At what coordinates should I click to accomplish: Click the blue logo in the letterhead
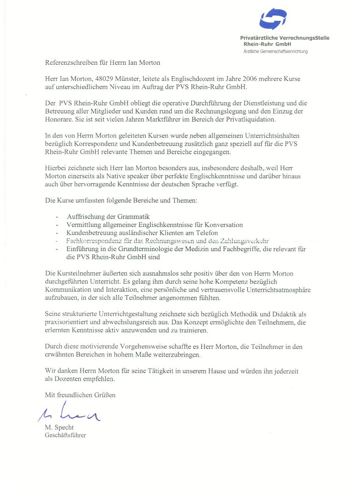(273, 19)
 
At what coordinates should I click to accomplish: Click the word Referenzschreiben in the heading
(70, 63)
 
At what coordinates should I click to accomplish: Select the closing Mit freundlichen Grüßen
(80, 395)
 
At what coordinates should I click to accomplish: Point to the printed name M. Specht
(59, 427)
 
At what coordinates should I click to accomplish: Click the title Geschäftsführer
(65, 435)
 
